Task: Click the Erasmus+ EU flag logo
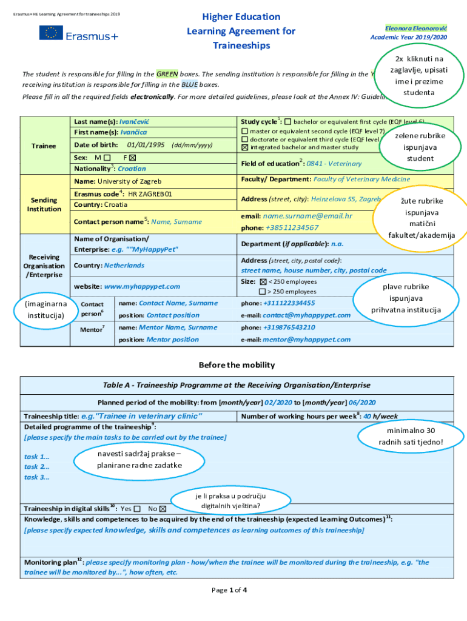(x=51, y=33)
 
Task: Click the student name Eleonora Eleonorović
(x=415, y=28)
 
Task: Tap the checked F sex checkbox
(x=132, y=157)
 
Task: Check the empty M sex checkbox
(x=107, y=157)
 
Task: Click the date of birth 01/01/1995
(x=146, y=145)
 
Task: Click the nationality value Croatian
(x=132, y=169)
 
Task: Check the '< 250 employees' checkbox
(x=263, y=282)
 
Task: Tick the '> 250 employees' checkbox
(x=263, y=292)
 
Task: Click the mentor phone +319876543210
(x=289, y=327)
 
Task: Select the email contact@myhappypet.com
(x=306, y=315)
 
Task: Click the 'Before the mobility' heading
(x=237, y=365)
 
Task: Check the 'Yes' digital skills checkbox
(x=137, y=509)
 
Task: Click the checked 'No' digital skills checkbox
(x=163, y=509)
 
